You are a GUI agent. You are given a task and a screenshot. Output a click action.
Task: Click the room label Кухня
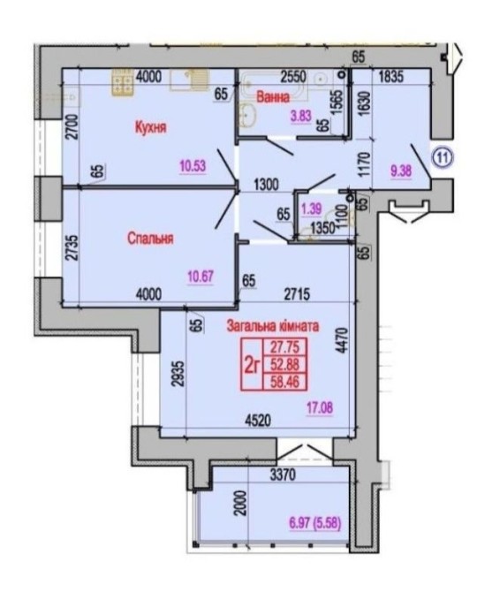point(150,127)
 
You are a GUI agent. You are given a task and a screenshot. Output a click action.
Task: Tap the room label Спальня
point(150,239)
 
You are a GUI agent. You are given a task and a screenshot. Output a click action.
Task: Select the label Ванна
point(273,97)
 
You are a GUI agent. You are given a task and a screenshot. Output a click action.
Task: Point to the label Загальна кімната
point(272,325)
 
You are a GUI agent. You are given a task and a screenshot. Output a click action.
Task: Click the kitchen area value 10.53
point(193,166)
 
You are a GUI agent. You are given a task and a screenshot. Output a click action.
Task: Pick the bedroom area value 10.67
point(201,277)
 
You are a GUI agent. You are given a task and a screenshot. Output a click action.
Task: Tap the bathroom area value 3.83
point(300,117)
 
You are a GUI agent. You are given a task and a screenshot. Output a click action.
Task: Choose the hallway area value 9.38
point(401,171)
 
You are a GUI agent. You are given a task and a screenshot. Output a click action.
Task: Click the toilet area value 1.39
point(311,209)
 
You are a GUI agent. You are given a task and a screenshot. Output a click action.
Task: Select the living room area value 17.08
point(320,408)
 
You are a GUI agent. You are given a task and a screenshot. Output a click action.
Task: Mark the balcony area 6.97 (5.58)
point(315,524)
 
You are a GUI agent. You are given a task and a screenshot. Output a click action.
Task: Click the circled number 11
point(443,158)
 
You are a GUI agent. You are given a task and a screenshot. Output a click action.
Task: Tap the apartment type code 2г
point(253,365)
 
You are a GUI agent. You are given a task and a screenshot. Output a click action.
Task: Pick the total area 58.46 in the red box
point(285,382)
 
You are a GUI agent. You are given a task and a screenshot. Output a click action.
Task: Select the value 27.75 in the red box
point(285,345)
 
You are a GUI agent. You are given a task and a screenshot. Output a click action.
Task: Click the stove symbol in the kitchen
point(122,81)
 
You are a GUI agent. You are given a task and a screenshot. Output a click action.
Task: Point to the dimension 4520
point(258,421)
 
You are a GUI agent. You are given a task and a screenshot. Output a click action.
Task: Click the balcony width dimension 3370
point(283,475)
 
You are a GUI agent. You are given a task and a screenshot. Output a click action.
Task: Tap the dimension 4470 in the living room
point(342,340)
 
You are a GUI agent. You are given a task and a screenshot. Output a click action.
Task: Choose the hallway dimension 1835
point(391,77)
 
